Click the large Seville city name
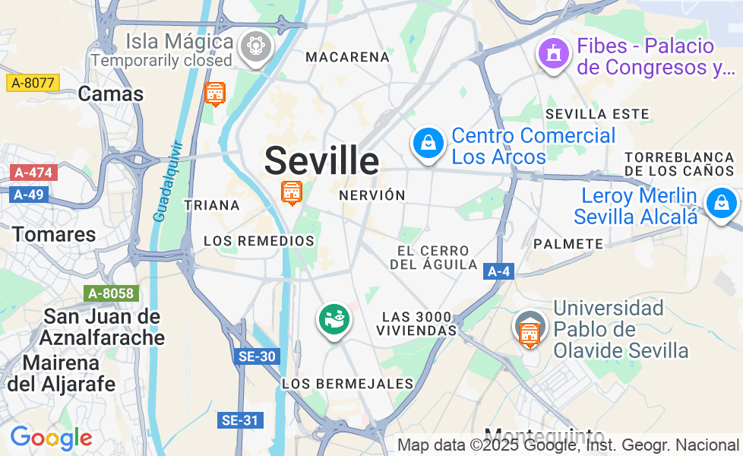(x=321, y=160)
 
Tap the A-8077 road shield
(x=33, y=83)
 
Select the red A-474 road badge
(x=33, y=173)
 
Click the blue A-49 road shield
(x=30, y=195)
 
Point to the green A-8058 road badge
(x=111, y=293)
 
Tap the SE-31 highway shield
(x=240, y=420)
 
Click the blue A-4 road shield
(x=498, y=271)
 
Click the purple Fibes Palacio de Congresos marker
(x=554, y=54)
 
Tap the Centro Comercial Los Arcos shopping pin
(x=428, y=142)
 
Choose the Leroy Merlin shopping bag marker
(x=719, y=203)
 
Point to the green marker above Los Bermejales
(x=334, y=319)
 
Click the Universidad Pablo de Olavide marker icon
(x=529, y=329)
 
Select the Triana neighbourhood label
(x=212, y=205)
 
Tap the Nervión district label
(x=372, y=195)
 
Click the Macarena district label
(x=347, y=57)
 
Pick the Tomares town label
(x=54, y=234)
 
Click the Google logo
(x=51, y=439)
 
